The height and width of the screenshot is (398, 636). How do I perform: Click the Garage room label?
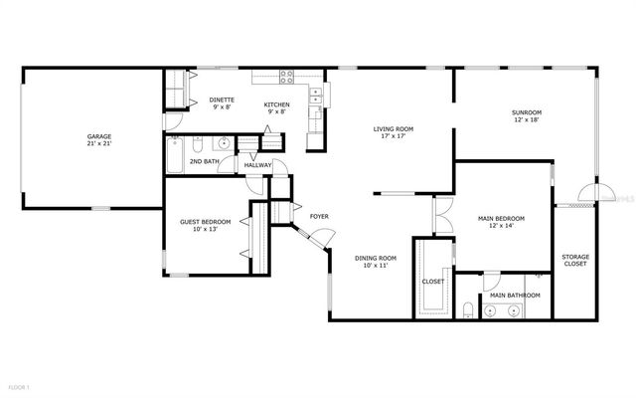98,138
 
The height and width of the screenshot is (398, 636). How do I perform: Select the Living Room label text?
393,132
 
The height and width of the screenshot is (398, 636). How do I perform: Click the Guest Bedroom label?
205,225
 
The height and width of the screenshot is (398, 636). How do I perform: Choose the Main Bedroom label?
501,221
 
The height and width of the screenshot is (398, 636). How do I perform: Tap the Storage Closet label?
575,261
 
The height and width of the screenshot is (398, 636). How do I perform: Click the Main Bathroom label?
515,296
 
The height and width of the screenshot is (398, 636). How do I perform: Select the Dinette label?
222,102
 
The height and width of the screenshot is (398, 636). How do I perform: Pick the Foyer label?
319,216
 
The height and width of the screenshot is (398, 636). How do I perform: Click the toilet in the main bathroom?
467,310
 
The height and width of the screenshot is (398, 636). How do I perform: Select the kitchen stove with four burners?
287,78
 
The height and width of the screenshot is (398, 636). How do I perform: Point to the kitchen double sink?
315,96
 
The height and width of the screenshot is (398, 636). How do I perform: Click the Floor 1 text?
19,385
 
